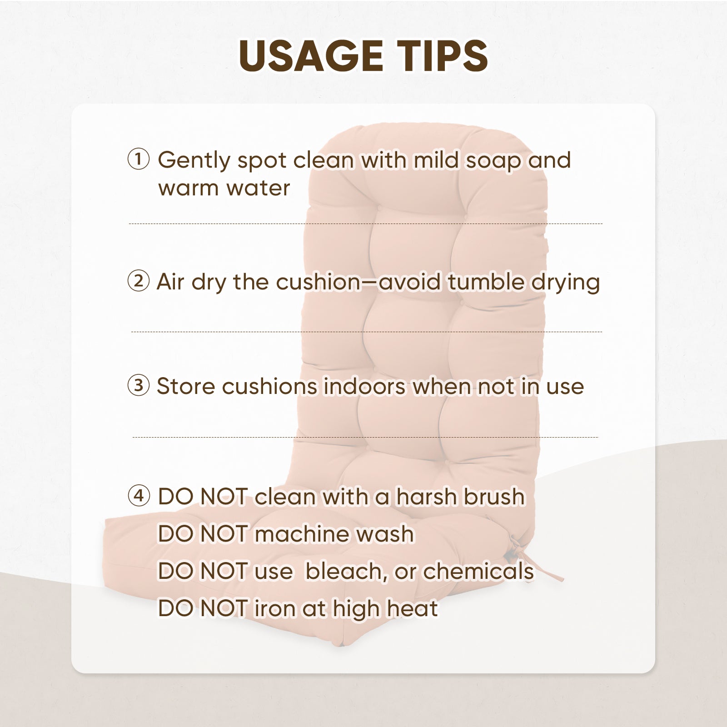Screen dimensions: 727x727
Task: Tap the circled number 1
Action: [139, 159]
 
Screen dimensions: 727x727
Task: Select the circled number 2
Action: [139, 281]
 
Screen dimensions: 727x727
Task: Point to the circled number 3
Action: [139, 385]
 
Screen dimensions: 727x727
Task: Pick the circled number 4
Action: [139, 495]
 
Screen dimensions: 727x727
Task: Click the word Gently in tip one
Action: [194, 161]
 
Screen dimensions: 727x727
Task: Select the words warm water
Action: [224, 188]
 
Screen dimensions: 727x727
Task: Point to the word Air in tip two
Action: [170, 282]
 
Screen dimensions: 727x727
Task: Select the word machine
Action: [302, 534]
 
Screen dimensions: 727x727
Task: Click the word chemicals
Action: [478, 571]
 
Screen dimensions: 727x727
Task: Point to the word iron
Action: [274, 608]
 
